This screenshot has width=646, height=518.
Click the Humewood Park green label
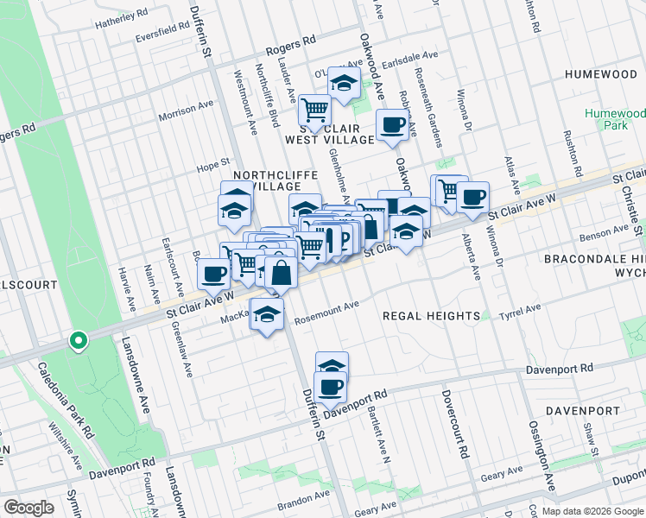click(615, 119)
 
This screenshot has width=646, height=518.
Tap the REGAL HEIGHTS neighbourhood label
click(432, 316)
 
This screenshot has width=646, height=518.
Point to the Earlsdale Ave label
click(412, 61)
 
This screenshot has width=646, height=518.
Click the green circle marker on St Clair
click(78, 342)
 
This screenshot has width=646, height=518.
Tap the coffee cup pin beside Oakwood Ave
click(393, 125)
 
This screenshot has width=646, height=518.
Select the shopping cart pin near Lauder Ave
click(314, 110)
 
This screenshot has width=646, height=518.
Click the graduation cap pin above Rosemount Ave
click(268, 314)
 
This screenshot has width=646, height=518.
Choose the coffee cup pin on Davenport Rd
click(331, 386)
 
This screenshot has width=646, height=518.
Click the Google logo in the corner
click(28, 508)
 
